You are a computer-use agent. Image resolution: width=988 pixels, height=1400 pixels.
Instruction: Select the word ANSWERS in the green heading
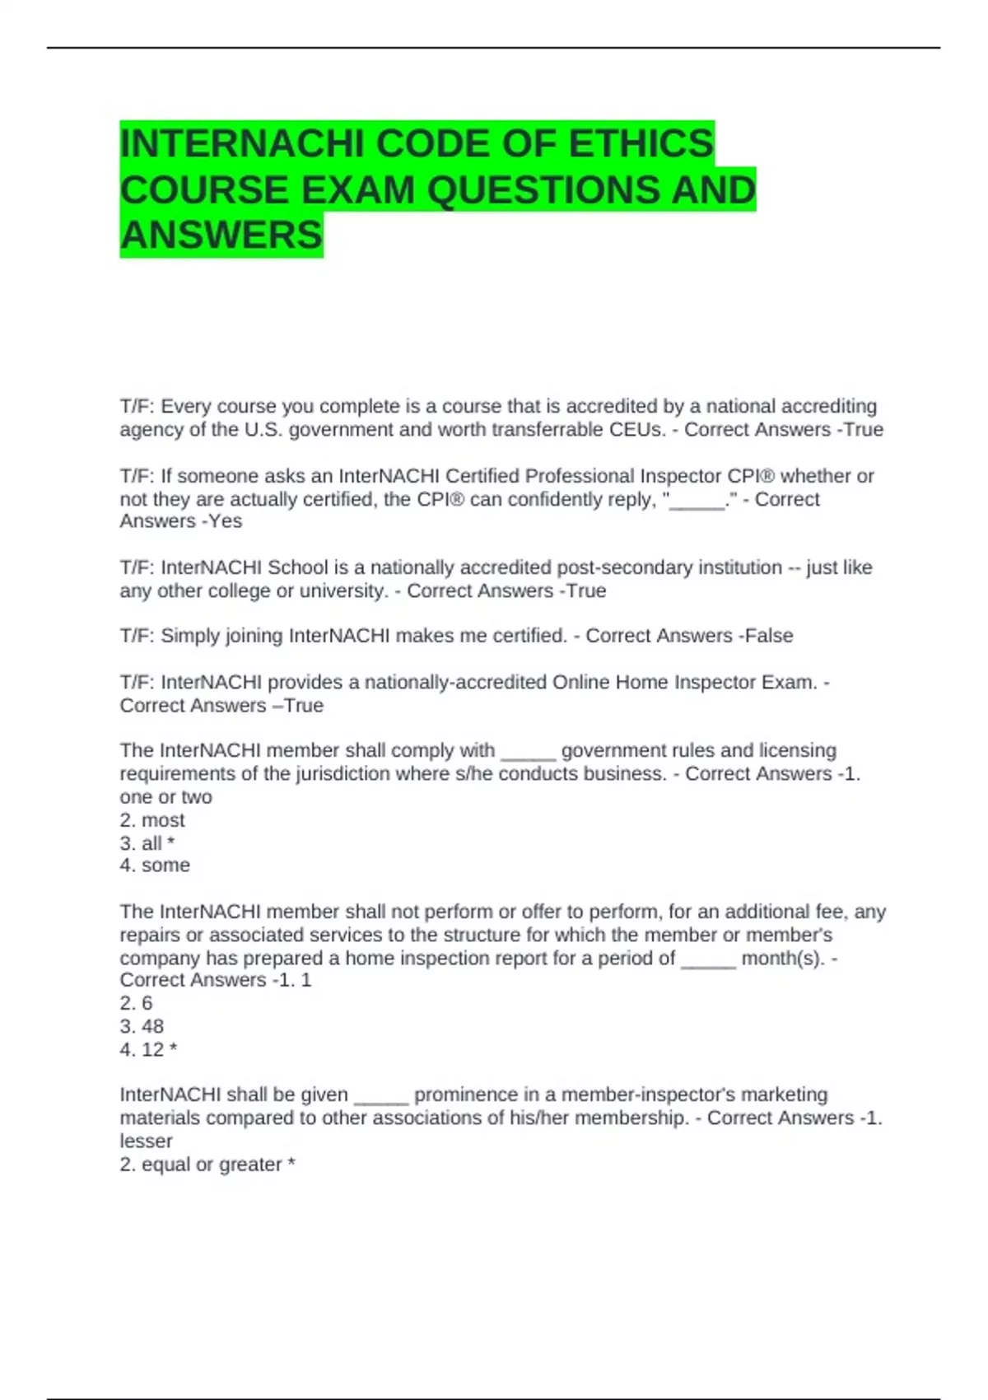(x=221, y=236)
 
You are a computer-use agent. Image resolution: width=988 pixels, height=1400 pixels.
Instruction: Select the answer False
(x=769, y=636)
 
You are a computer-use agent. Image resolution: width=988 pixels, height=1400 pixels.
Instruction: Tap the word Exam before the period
(x=785, y=683)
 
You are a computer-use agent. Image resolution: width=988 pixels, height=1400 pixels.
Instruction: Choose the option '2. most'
(x=152, y=820)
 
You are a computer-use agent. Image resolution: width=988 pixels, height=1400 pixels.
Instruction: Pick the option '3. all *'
(x=147, y=843)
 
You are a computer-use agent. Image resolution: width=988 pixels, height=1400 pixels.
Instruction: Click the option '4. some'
(x=155, y=866)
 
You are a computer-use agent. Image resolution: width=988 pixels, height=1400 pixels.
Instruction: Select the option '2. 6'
(x=136, y=1003)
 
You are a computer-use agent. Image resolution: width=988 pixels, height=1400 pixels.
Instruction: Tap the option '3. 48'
(x=142, y=1026)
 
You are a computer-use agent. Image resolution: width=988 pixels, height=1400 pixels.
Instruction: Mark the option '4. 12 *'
(x=148, y=1050)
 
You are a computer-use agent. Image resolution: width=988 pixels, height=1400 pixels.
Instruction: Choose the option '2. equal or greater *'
(x=207, y=1164)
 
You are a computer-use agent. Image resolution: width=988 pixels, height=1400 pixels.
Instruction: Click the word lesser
(x=146, y=1141)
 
